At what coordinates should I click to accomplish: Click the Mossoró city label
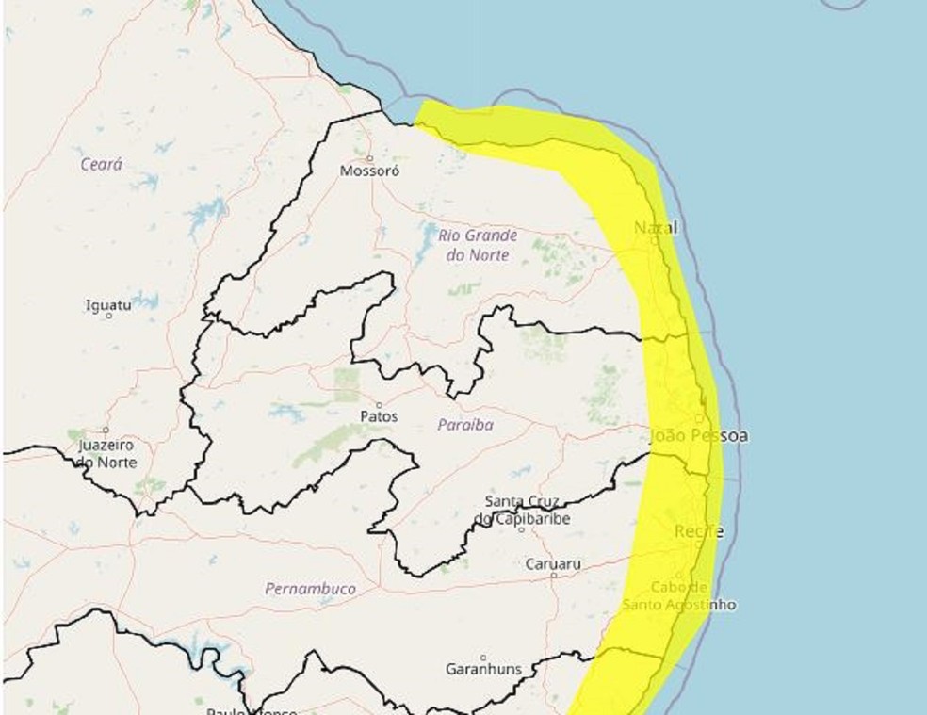[369, 172]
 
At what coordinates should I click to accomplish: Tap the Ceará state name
[101, 164]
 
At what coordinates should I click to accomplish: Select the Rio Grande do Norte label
[478, 244]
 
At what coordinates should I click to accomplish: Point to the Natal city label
[656, 228]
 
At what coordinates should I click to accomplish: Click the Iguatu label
[108, 304]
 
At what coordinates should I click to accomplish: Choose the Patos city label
[379, 416]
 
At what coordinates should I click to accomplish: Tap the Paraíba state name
[465, 425]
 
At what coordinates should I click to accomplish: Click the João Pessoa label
[699, 436]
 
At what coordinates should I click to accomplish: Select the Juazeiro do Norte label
[106, 453]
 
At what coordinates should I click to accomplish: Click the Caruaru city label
[553, 564]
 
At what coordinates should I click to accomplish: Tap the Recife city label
[699, 532]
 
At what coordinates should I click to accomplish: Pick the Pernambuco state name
[310, 589]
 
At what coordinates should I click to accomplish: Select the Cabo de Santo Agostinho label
[679, 595]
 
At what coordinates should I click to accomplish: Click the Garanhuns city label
[483, 669]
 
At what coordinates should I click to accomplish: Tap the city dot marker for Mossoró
[370, 158]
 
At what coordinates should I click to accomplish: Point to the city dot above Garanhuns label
[483, 656]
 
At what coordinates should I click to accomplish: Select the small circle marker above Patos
[379, 403]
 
